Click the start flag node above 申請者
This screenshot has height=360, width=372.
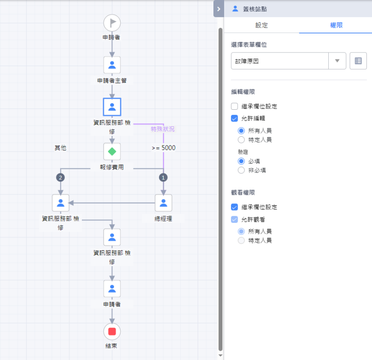(112, 23)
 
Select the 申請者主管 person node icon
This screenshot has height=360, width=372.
(112, 65)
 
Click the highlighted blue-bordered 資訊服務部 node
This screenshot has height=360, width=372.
(112, 107)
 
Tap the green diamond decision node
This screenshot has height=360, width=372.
(112, 152)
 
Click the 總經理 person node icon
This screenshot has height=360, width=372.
(164, 203)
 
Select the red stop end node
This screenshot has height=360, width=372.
(112, 332)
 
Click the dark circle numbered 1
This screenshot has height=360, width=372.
(163, 178)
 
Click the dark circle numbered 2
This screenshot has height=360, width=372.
(60, 178)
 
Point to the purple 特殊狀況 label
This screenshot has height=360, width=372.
(163, 129)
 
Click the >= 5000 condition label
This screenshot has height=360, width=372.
(164, 148)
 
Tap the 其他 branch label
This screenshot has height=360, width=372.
(60, 148)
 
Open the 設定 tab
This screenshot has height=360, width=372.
(261, 25)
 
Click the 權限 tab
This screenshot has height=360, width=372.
(336, 25)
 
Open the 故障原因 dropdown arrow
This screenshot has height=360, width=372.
(337, 61)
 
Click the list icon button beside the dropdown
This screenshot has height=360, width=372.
(358, 61)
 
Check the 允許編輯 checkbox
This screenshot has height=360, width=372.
(234, 118)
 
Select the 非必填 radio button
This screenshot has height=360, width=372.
(241, 170)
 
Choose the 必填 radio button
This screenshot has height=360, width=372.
(241, 161)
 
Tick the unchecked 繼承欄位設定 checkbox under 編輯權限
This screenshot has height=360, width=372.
(234, 106)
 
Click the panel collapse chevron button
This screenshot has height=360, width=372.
(219, 9)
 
